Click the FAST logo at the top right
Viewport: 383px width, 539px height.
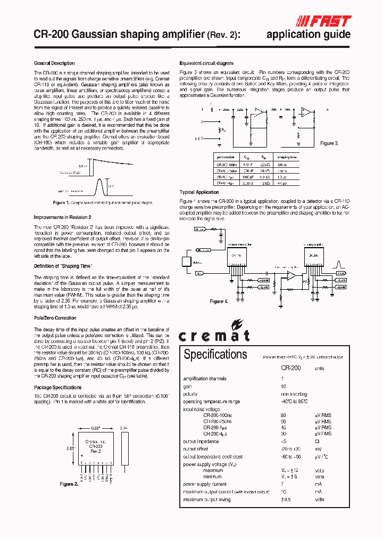(x=324, y=21)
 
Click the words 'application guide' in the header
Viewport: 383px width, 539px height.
(x=308, y=35)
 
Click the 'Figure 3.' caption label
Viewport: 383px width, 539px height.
(x=329, y=143)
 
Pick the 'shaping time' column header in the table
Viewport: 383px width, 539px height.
(x=287, y=157)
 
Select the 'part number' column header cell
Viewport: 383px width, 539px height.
(x=226, y=157)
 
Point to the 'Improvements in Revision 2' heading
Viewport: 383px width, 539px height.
(x=62, y=217)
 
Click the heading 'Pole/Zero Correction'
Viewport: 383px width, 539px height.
(x=55, y=318)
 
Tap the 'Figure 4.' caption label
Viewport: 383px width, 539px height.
(x=219, y=301)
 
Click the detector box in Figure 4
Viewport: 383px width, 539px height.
(x=186, y=262)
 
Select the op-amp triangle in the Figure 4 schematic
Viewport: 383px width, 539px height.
(x=291, y=275)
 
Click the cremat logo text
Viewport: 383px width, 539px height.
(x=214, y=335)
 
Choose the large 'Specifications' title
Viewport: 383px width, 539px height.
(x=215, y=354)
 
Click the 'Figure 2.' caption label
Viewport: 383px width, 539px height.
(x=69, y=484)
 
